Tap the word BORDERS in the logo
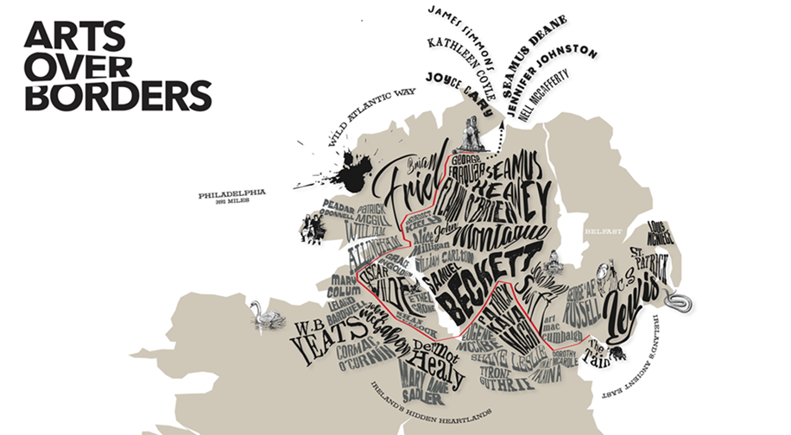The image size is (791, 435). tap(117, 95)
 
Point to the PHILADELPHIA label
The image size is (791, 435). tap(231, 194)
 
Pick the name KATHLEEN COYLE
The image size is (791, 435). tap(463, 66)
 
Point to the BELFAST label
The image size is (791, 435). tap(603, 231)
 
